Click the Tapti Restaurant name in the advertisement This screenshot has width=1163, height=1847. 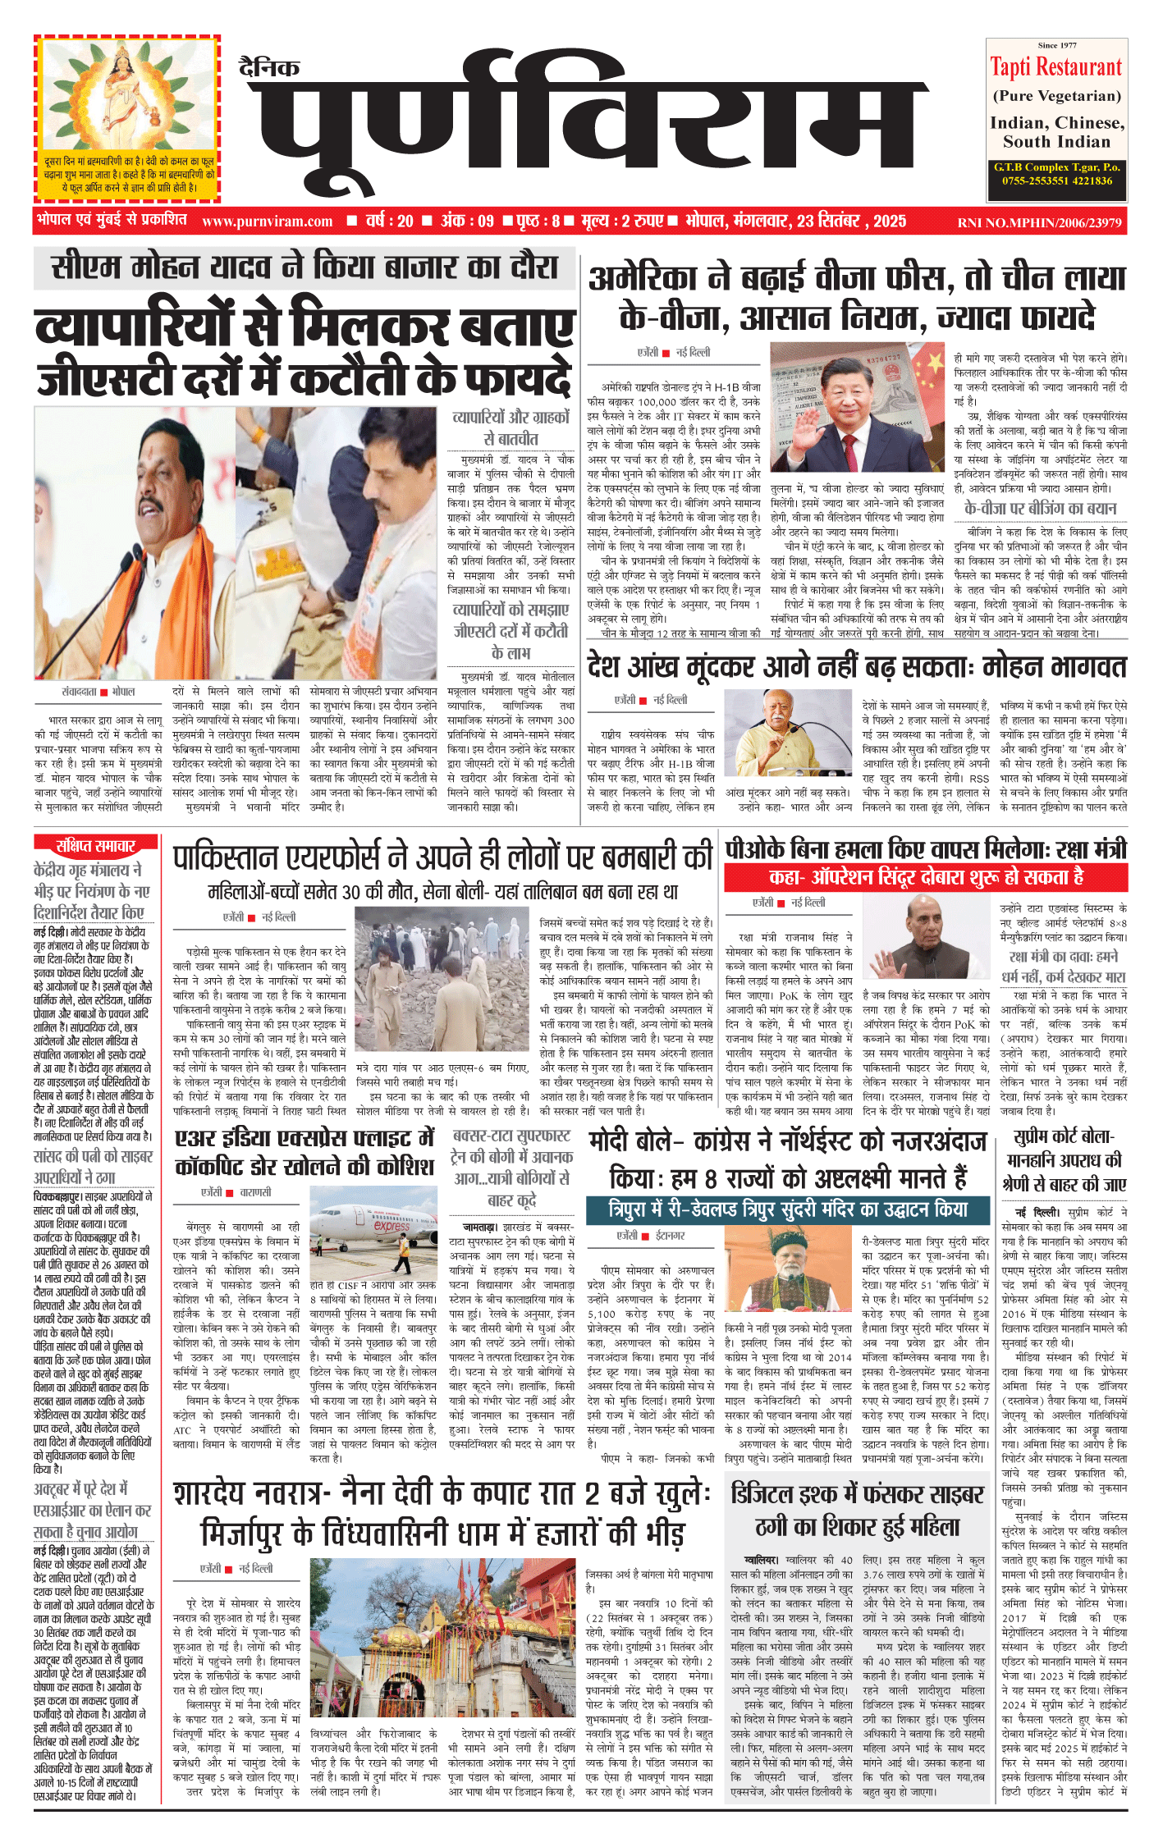coord(1055,67)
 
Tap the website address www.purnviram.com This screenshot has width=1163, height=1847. coord(267,222)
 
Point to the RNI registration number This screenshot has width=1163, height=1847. coord(1038,222)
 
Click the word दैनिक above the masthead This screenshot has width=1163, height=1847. coord(269,67)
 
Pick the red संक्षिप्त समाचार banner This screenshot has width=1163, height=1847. coord(95,846)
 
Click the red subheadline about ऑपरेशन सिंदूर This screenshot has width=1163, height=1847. coord(925,878)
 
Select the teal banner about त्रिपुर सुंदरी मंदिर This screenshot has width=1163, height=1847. coord(788,1209)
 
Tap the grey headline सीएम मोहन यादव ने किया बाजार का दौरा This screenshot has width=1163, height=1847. coord(304,267)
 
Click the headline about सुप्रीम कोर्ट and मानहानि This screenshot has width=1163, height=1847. coord(1064,1160)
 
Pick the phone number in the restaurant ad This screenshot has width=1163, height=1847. coord(1056,181)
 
